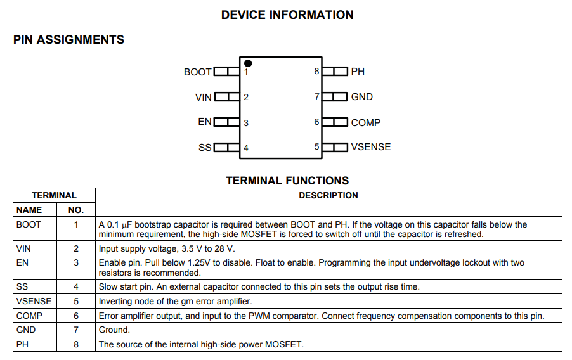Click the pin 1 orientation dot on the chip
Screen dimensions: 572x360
pyautogui.click(x=248, y=63)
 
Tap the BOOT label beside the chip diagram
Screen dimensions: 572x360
pyautogui.click(x=197, y=72)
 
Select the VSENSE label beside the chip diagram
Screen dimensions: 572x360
pyautogui.click(x=370, y=147)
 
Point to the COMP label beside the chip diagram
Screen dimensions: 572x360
pyautogui.click(x=365, y=122)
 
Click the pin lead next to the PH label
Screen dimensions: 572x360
pyautogui.click(x=335, y=71)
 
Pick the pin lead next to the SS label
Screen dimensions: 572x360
pyautogui.click(x=226, y=147)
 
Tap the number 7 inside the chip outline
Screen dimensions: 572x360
pyautogui.click(x=316, y=97)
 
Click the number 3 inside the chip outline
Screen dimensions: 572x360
pyautogui.click(x=246, y=123)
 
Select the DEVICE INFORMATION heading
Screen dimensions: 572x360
pyautogui.click(x=287, y=15)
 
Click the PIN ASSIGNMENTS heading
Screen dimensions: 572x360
pyautogui.click(x=68, y=39)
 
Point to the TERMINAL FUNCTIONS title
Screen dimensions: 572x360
pyautogui.click(x=287, y=181)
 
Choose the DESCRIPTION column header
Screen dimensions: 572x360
pyautogui.click(x=328, y=195)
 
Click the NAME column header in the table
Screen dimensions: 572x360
pyautogui.click(x=29, y=210)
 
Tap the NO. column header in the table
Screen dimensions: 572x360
pyautogui.click(x=76, y=210)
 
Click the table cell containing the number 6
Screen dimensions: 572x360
pyautogui.click(x=76, y=316)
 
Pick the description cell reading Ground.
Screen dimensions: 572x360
pyautogui.click(x=114, y=330)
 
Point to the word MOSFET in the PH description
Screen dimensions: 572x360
pyautogui.click(x=283, y=344)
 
